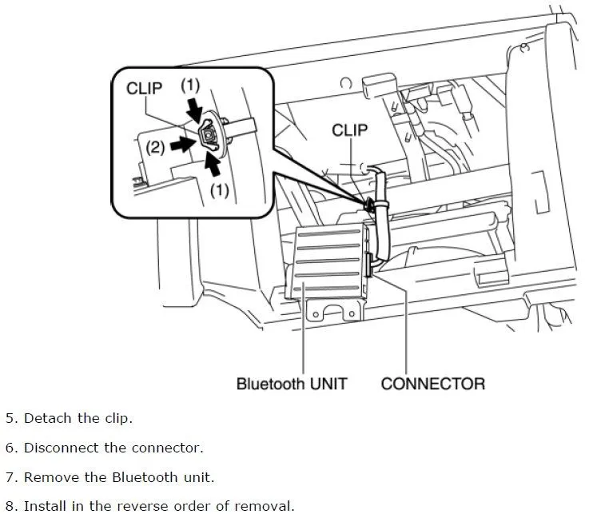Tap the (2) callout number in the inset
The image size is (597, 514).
pyautogui.click(x=156, y=146)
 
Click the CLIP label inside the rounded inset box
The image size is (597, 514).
pyautogui.click(x=145, y=89)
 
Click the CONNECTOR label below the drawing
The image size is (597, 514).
pyautogui.click(x=432, y=384)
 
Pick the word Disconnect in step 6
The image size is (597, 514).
pyautogui.click(x=60, y=448)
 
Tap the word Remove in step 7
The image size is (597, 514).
pyautogui.click(x=50, y=477)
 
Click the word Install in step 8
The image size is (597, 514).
pyautogui.click(x=46, y=505)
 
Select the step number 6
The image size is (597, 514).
pyautogui.click(x=10, y=448)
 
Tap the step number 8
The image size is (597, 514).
pyautogui.click(x=10, y=505)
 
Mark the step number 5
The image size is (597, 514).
pyautogui.click(x=10, y=418)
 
